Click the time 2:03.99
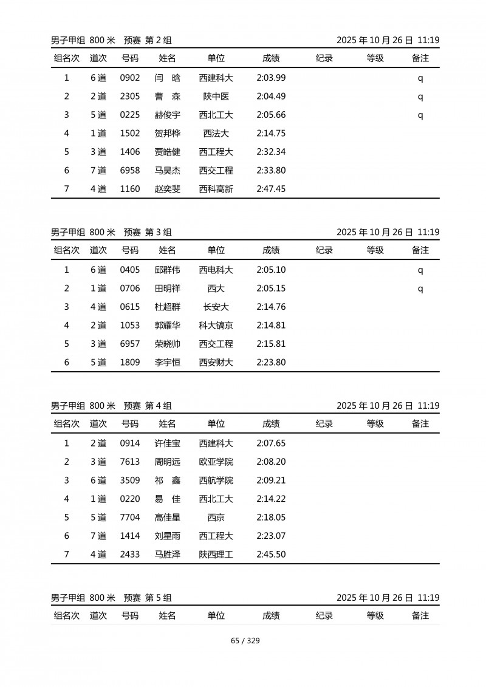[x=271, y=78]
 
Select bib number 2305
[x=130, y=97]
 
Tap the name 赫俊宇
[x=167, y=115]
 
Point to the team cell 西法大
[x=216, y=134]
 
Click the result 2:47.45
[x=271, y=189]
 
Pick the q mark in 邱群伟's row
[x=420, y=270]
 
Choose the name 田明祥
[x=167, y=289]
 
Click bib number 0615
[x=130, y=307]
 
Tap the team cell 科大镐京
[x=216, y=326]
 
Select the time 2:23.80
[x=271, y=363]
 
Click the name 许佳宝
[x=167, y=443]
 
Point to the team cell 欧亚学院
[x=216, y=462]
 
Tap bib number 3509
[x=130, y=480]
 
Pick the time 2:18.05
[x=271, y=518]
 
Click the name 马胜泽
[x=167, y=555]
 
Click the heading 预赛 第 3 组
[x=148, y=232]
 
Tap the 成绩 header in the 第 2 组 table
[x=271, y=58]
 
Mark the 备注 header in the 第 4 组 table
[x=420, y=424]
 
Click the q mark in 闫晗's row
[x=420, y=78]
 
